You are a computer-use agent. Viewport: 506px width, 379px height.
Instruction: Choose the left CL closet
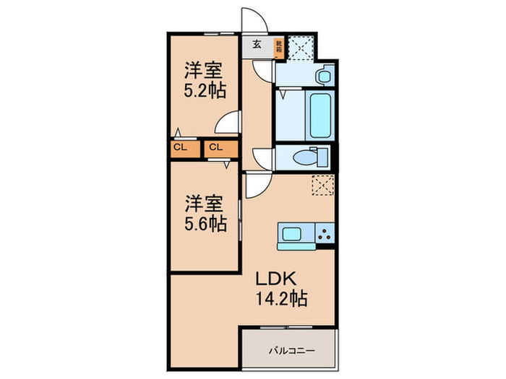pyautogui.click(x=181, y=148)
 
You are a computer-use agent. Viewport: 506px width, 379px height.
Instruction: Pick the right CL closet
pyautogui.click(x=215, y=148)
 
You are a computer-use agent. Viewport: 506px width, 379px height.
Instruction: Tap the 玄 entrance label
pyautogui.click(x=257, y=44)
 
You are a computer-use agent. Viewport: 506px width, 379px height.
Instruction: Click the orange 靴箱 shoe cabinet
pyautogui.click(x=279, y=47)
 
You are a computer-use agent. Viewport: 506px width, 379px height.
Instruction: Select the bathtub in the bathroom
pyautogui.click(x=318, y=115)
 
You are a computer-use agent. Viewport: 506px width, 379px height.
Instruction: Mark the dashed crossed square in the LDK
pyautogui.click(x=322, y=186)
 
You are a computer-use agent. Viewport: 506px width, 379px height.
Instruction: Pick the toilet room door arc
pyautogui.click(x=263, y=156)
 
